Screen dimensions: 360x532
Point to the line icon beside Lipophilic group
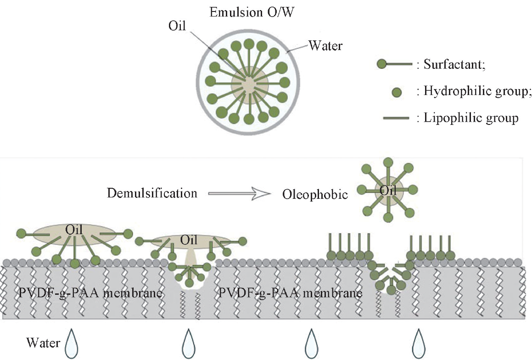pos(396,119)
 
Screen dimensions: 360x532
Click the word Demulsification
pos(152,193)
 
